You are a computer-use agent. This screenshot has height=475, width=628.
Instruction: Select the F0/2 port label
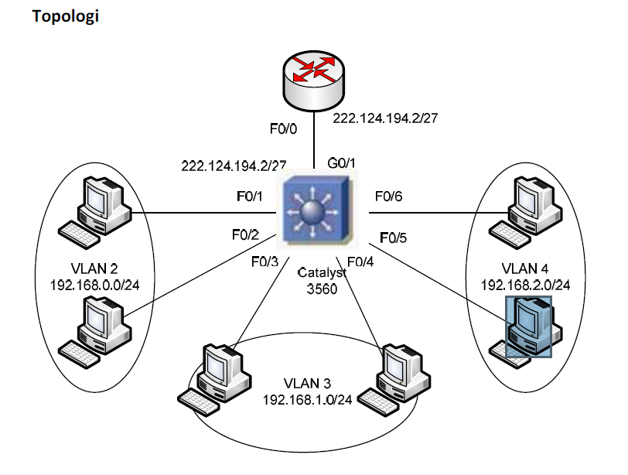[x=246, y=233]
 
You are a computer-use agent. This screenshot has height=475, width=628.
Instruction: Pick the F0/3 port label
[x=265, y=261]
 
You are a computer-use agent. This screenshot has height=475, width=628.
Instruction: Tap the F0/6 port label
[x=388, y=196]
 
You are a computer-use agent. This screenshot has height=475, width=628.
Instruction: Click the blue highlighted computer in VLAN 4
[x=528, y=327]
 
